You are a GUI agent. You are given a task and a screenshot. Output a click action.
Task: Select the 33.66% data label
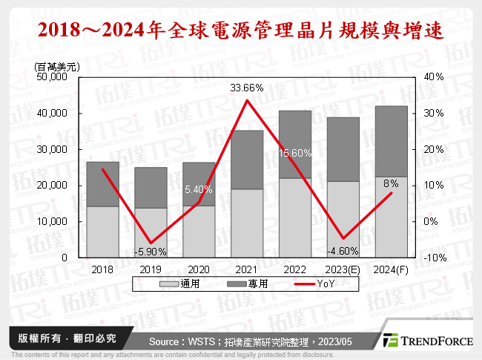point(247,88)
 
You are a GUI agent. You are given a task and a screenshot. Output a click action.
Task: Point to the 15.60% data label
point(295,152)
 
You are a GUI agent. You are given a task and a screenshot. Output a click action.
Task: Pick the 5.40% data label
point(199,189)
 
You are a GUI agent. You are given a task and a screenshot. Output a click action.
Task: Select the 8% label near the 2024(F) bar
point(392,183)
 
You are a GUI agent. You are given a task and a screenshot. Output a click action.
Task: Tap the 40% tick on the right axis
point(435,77)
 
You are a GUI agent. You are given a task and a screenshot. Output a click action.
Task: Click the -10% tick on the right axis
point(435,258)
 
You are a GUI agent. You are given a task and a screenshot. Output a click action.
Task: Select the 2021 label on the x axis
point(247,269)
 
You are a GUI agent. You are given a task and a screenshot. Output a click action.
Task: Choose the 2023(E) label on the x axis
point(343,269)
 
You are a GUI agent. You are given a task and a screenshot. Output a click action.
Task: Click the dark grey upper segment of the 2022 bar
point(295,145)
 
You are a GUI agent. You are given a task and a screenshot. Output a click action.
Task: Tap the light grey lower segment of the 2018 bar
point(103,232)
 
